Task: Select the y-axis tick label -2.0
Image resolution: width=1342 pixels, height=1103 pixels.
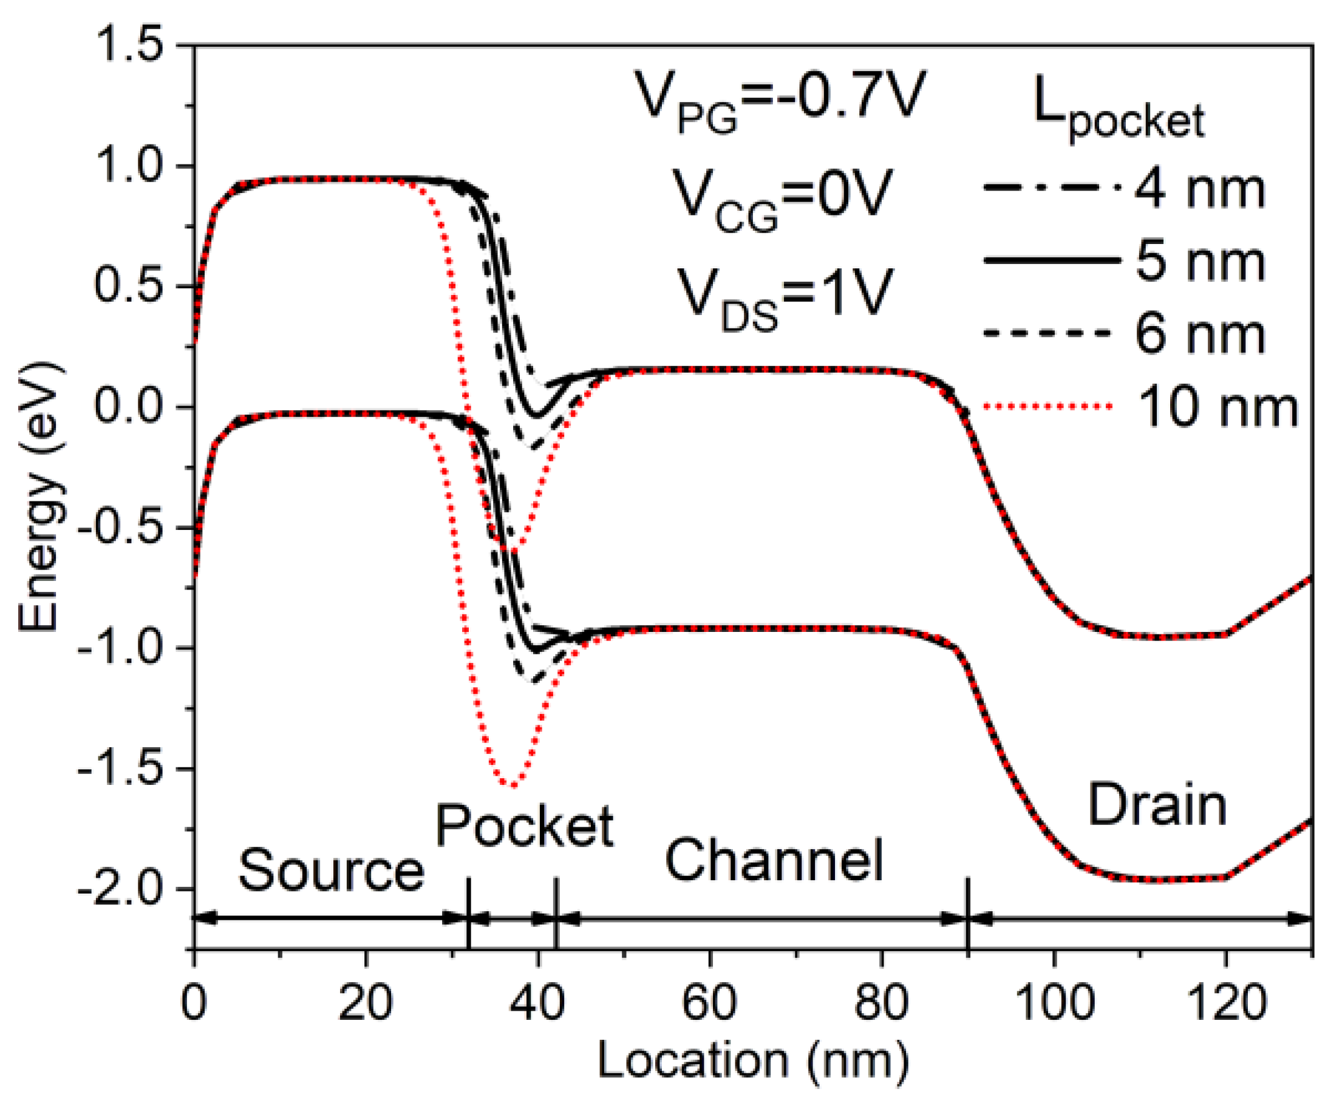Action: [x=121, y=889]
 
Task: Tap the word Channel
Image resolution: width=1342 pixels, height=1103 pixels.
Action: [x=774, y=860]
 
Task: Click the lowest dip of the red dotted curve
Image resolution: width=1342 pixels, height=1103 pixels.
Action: [x=512, y=786]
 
